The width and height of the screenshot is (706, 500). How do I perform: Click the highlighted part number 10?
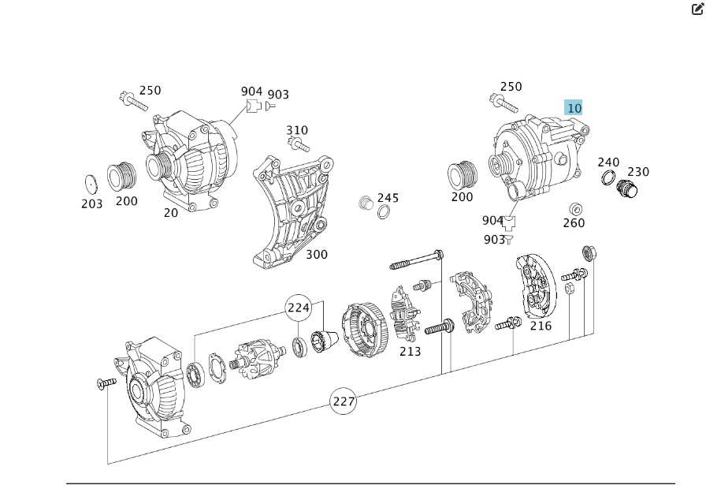574,108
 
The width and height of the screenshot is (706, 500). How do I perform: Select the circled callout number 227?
344,401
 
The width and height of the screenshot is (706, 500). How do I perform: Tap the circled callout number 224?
298,307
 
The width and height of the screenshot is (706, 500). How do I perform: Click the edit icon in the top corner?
697,9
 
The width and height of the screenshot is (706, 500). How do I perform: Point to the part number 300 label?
317,255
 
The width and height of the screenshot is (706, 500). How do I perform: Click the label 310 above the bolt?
297,130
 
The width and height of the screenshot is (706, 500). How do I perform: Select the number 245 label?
388,198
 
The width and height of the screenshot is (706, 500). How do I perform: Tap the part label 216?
541,326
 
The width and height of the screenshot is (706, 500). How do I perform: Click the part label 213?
410,351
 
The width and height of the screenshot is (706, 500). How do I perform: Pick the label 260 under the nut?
574,223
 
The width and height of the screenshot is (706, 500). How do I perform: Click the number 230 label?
638,172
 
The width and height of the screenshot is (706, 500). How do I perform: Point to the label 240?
608,162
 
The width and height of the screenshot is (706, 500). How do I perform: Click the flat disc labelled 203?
91,184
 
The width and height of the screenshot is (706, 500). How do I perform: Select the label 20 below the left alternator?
171,213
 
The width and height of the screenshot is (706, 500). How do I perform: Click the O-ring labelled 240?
608,178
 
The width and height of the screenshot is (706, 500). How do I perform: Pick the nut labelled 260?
576,208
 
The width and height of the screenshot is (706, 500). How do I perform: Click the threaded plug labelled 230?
627,188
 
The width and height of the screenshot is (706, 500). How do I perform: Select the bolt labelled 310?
299,145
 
